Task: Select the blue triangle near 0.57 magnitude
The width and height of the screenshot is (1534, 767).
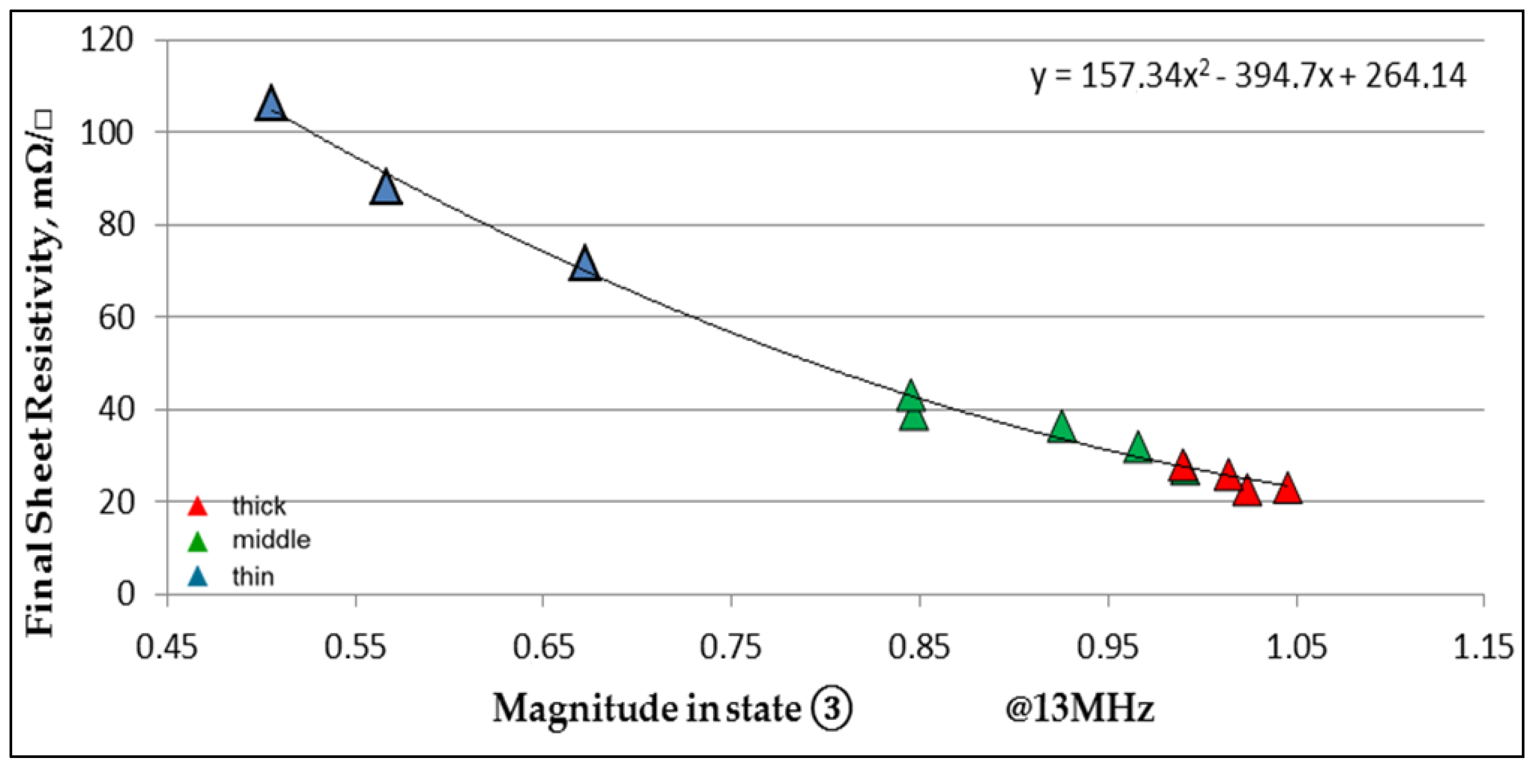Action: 386,190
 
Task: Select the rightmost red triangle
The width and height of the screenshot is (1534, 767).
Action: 1287,490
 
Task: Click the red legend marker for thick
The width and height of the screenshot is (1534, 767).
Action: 197,507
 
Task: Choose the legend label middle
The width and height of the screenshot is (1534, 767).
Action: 271,540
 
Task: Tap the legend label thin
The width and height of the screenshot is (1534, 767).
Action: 253,576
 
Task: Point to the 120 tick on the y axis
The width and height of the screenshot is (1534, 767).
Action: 107,40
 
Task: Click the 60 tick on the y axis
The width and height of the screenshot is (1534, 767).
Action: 116,317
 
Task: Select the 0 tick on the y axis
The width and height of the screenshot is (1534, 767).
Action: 126,594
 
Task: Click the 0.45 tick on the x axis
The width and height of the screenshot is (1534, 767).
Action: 167,647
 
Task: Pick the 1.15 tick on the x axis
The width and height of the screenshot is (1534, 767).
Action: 1483,647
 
